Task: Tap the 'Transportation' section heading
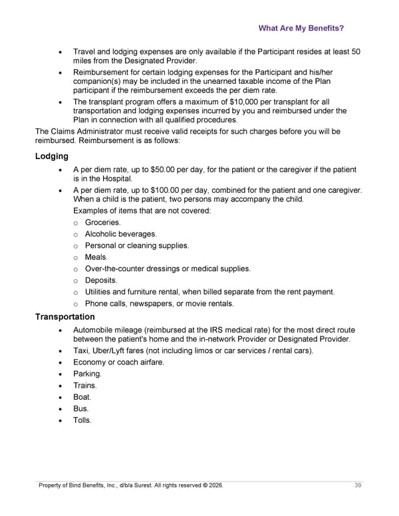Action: [65, 317]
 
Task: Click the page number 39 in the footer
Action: [358, 486]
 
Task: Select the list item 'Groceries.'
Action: [103, 222]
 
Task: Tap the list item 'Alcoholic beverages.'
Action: [121, 234]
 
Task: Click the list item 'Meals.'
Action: [96, 257]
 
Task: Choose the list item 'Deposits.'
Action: [101, 281]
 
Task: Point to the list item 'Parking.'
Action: [87, 374]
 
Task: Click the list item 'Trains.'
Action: [85, 385]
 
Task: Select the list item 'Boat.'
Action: [82, 397]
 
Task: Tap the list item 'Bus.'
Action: [81, 408]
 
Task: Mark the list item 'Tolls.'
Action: [82, 420]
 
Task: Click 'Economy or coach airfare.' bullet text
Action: [118, 362]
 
